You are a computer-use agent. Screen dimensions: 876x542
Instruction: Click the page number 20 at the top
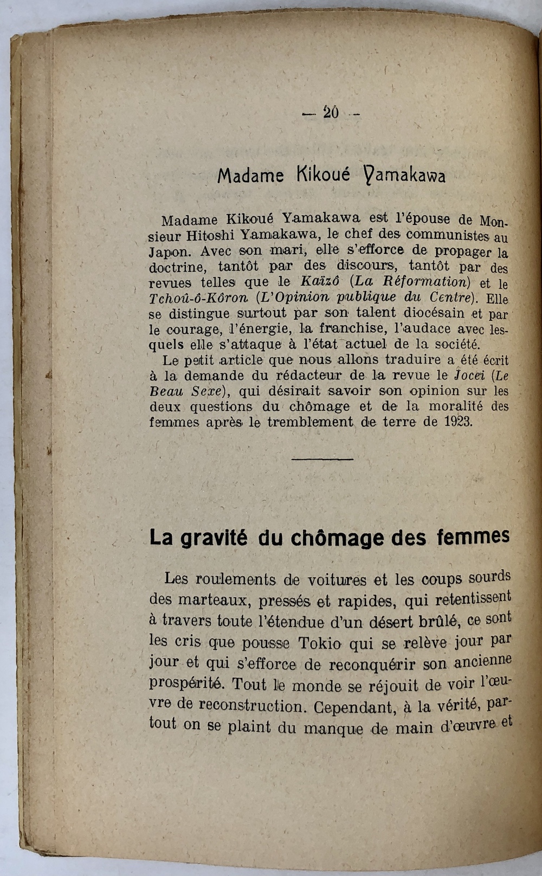(331, 112)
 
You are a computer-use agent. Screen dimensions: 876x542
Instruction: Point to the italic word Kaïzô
(321, 282)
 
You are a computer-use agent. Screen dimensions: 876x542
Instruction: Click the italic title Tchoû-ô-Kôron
(199, 298)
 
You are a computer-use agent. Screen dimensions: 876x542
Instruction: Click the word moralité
(445, 406)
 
